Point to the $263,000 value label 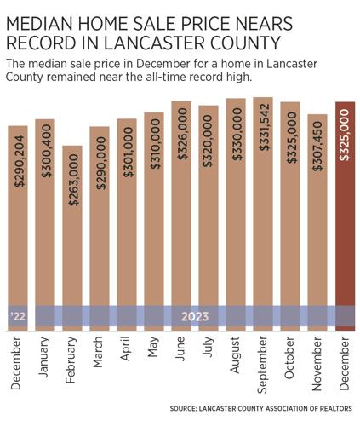point(73,175)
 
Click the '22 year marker point(18,316)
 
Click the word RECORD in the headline point(40,40)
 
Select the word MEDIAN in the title point(43,18)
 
